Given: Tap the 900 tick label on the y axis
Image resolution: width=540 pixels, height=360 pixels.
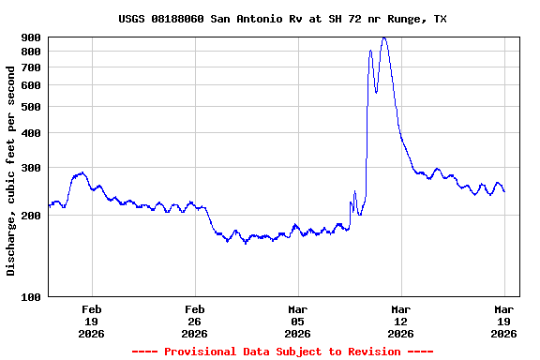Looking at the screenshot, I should [x=31, y=37].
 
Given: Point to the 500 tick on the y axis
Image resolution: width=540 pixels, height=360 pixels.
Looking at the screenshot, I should [x=31, y=107].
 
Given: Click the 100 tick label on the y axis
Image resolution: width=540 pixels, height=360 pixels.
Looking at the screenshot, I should [x=31, y=297].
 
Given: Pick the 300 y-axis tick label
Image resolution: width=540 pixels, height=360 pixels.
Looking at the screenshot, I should [x=31, y=168].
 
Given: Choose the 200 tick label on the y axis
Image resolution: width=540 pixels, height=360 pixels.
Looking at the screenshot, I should [x=31, y=216].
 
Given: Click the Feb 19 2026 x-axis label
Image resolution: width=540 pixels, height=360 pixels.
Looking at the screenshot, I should [x=92, y=321].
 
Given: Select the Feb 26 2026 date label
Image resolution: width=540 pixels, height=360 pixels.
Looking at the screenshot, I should [x=195, y=321].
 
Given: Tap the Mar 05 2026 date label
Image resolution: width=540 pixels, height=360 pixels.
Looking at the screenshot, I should [x=298, y=321].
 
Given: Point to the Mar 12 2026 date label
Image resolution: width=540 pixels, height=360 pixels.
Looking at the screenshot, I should [x=401, y=321].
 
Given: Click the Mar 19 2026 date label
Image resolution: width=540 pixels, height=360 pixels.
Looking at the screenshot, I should [x=504, y=321].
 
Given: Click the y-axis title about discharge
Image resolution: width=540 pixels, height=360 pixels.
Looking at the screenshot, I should [x=11, y=178].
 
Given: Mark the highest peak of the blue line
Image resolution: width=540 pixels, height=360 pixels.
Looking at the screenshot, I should [x=384, y=38].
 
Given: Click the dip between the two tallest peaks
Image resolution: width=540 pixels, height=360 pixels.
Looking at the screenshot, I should [x=376, y=92].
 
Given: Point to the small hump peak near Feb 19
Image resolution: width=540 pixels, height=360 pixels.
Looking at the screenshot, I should [x=82, y=172].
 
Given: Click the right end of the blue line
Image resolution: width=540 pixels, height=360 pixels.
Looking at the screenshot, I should [x=504, y=191].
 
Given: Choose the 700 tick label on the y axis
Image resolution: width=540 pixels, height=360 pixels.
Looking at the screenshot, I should [x=31, y=67].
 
